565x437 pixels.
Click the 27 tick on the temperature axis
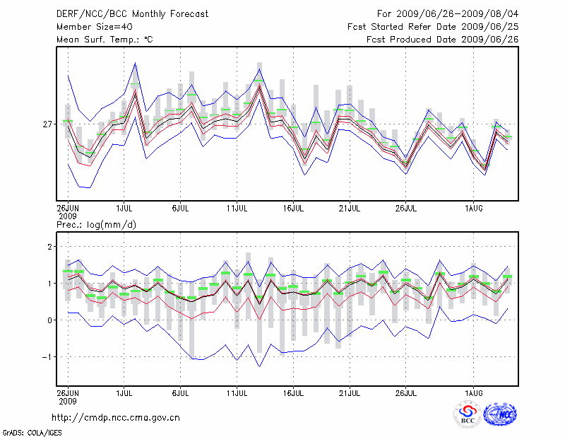[47, 124]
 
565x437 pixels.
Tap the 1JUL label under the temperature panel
[124, 209]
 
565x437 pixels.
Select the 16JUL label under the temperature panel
[293, 209]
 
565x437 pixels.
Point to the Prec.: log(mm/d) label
[97, 225]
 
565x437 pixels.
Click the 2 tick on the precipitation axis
[50, 247]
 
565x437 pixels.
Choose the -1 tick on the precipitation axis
[48, 357]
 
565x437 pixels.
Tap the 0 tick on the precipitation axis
[50, 320]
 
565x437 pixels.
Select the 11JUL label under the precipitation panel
[237, 391]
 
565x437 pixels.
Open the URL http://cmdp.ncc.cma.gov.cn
[116, 417]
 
